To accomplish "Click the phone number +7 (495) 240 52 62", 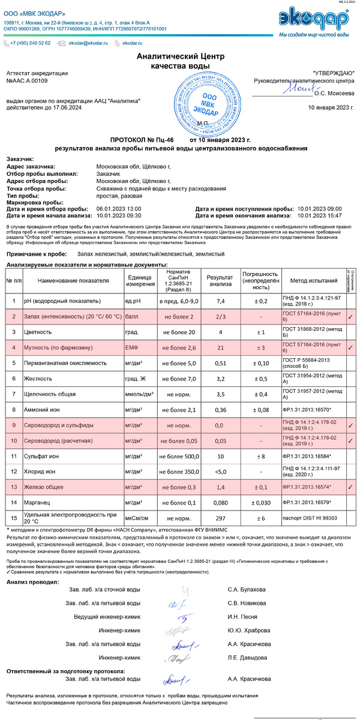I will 30,43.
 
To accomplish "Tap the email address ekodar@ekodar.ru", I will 88,43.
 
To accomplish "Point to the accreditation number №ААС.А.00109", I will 27,80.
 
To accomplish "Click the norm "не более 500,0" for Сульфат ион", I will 179,456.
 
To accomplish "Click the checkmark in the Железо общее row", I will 350,487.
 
